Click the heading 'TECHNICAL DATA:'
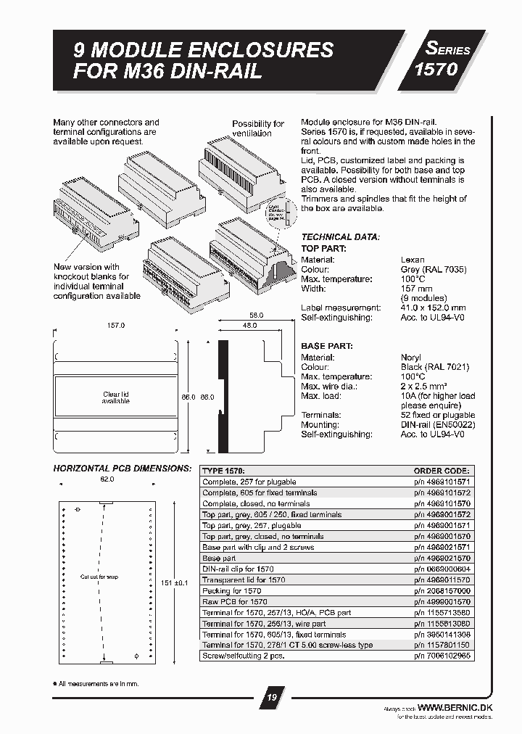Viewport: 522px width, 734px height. [x=340, y=237]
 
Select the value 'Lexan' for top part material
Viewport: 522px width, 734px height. [x=413, y=259]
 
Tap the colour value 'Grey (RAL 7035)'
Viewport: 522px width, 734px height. [x=433, y=269]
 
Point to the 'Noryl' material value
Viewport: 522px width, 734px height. [x=411, y=358]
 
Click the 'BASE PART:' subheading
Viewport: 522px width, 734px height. [x=326, y=347]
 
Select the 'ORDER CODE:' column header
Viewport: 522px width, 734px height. [x=442, y=470]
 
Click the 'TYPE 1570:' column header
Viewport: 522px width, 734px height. [x=223, y=470]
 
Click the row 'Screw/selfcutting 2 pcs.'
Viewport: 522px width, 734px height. [x=243, y=656]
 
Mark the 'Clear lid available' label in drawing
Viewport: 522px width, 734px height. [x=116, y=397]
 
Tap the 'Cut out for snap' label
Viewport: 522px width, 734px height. [x=99, y=577]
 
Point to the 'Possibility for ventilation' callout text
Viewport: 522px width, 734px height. [x=257, y=128]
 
